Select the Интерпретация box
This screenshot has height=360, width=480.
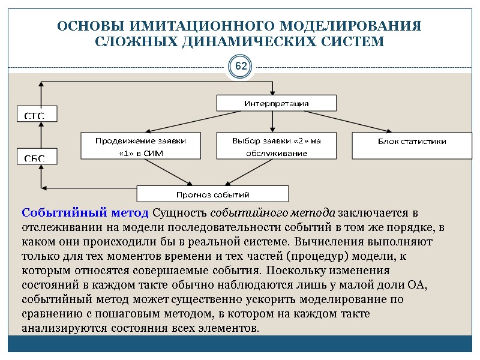click(276, 103)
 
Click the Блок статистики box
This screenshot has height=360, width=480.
click(411, 142)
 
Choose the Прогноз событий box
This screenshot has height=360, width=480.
click(212, 194)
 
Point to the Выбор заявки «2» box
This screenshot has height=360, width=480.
click(276, 146)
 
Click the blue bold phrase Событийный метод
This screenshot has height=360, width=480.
click(85, 213)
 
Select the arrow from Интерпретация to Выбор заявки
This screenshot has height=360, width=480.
click(273, 121)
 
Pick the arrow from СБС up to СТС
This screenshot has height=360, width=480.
click(40, 136)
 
